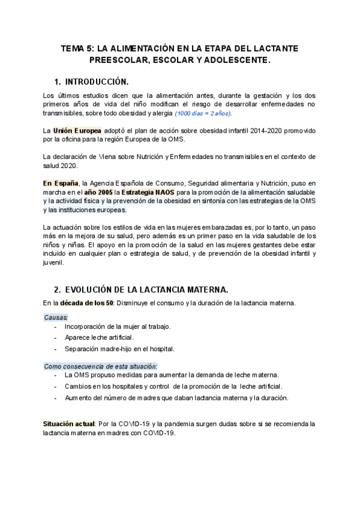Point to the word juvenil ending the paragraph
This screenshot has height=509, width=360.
[x=54, y=262]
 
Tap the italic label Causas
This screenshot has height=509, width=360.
[x=56, y=316]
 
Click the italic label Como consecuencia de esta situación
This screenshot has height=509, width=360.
[x=101, y=366]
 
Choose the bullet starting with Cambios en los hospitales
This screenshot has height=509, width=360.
[x=173, y=386]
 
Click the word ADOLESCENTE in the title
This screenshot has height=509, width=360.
[x=229, y=61]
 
